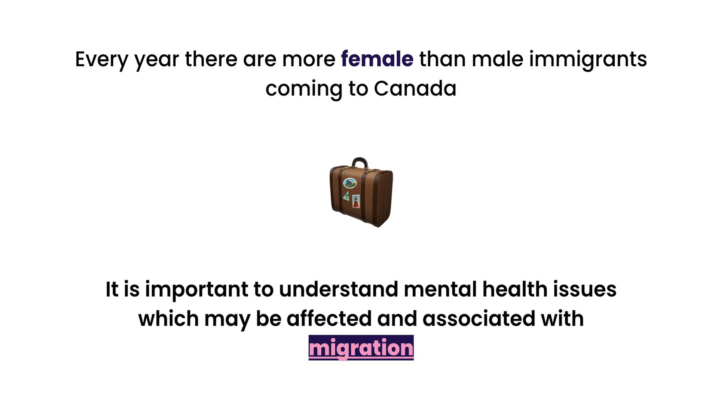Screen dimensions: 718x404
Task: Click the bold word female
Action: pyautogui.click(x=377, y=59)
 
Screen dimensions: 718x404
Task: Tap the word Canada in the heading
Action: pyautogui.click(x=415, y=89)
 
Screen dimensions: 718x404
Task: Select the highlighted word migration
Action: pyautogui.click(x=361, y=348)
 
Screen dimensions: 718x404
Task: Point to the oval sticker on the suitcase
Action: pyautogui.click(x=350, y=183)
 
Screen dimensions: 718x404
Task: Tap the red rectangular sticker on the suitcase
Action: pyautogui.click(x=356, y=201)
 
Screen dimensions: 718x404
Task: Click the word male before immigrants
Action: pyautogui.click(x=497, y=59)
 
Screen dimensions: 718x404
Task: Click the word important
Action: pyautogui.click(x=197, y=290)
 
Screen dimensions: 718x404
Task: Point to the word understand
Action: pyautogui.click(x=339, y=289)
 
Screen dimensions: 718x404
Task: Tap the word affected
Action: pyautogui.click(x=329, y=319)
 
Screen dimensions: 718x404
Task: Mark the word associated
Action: pyautogui.click(x=479, y=319)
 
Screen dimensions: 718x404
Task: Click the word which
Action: pyautogui.click(x=168, y=319)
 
